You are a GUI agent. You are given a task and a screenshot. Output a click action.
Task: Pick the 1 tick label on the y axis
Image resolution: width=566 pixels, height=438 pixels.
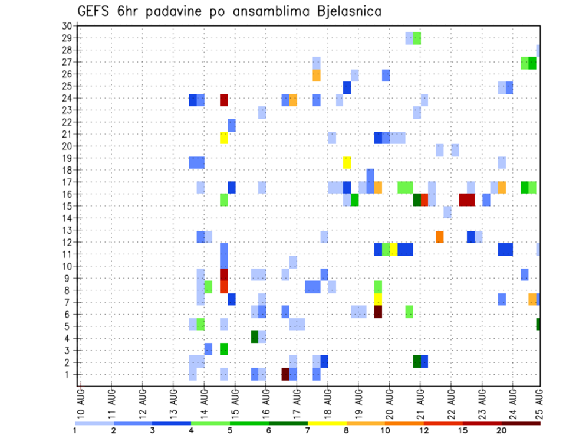(68, 374)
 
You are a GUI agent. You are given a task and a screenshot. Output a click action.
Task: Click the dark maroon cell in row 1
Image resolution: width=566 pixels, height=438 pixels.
(285, 374)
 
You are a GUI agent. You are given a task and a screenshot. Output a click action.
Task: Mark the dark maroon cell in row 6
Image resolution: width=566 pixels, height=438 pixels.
(378, 311)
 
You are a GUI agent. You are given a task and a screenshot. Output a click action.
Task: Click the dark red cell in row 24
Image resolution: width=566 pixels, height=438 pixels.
(224, 100)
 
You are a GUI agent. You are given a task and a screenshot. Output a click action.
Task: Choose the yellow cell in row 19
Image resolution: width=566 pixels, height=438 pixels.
(347, 162)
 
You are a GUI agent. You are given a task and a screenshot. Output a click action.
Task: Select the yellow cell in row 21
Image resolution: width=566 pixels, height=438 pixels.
(224, 138)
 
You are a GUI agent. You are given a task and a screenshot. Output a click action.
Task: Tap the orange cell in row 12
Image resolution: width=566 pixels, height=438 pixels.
(439, 237)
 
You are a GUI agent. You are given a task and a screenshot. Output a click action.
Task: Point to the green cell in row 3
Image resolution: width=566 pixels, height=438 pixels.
(224, 349)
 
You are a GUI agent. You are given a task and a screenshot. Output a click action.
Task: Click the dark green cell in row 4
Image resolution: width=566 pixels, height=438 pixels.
(255, 336)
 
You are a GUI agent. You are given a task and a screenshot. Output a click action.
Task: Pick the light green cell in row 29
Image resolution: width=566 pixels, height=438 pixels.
(417, 38)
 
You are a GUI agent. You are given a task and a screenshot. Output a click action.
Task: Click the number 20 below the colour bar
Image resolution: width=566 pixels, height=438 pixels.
(502, 430)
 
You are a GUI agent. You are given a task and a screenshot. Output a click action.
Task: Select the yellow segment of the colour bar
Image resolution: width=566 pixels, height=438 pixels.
(327, 423)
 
